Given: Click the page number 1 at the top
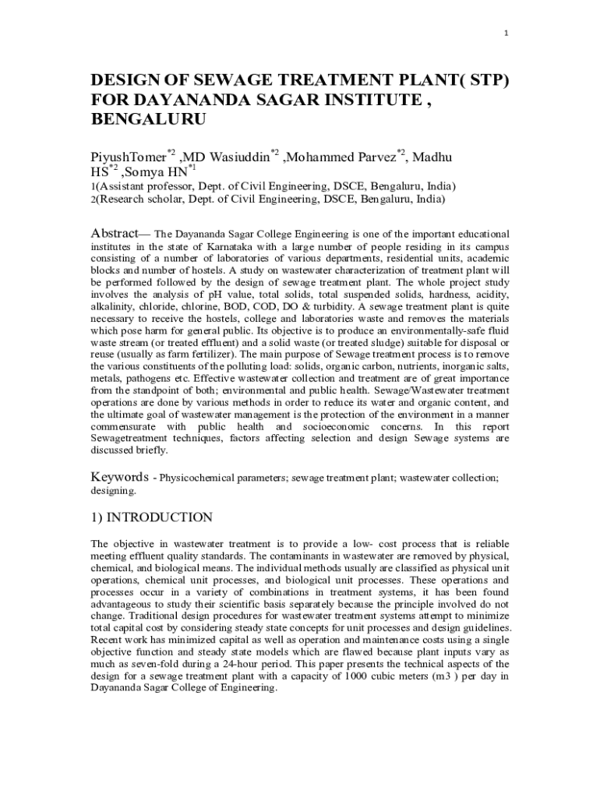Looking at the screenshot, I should pyautogui.click(x=506, y=33).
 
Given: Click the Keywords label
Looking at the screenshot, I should pyautogui.click(x=119, y=476).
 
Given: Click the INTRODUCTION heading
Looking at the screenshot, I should pyautogui.click(x=170, y=518).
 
